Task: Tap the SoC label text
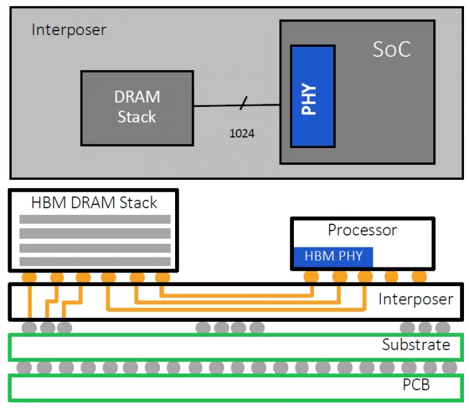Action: (x=392, y=50)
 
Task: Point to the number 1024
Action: (x=242, y=133)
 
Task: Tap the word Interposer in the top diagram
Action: (x=69, y=30)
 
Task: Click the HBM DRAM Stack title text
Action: (x=94, y=202)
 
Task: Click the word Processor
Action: (x=362, y=230)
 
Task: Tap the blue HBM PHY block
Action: (x=333, y=256)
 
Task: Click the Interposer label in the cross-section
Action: (x=415, y=299)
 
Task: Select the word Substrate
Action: (x=416, y=345)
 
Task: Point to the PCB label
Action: (x=416, y=384)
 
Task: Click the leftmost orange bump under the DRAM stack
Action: (x=29, y=277)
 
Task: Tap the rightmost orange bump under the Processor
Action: (x=419, y=276)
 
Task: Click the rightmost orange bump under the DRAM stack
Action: (x=163, y=277)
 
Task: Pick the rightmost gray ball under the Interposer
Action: (x=443, y=327)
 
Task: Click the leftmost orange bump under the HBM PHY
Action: (x=311, y=276)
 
